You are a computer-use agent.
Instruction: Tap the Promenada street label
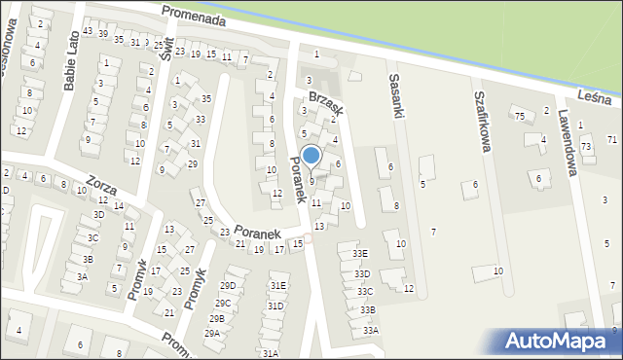point(195,18)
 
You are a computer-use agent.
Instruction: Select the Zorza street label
point(102,181)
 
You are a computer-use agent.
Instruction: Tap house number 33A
point(371,331)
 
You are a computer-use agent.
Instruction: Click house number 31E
point(278,286)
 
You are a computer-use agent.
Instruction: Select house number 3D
point(98,214)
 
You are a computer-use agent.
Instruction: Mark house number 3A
point(83,277)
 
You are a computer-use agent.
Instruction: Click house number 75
point(520,117)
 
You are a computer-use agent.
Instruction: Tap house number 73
point(586,146)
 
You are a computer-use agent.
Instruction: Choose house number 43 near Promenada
point(88,32)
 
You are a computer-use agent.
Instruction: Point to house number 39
point(102,34)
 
